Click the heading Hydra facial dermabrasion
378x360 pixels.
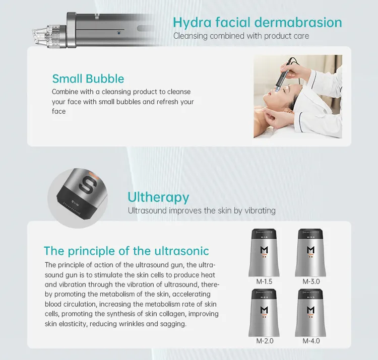[258, 22]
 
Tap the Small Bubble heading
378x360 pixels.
[88, 79]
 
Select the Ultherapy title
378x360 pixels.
[158, 198]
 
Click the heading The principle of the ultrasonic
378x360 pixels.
[127, 251]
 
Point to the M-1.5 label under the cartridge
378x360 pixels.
[264, 281]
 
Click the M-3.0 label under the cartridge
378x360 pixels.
[311, 281]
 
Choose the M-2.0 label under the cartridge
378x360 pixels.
[265, 341]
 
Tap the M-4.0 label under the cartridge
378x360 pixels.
[311, 341]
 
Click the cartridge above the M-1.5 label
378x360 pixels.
[264, 253]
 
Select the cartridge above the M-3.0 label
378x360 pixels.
[310, 253]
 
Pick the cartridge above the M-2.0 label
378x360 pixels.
[264, 313]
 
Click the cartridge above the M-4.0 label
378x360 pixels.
[310, 313]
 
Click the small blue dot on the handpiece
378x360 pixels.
[119, 33]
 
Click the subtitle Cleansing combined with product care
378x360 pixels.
[241, 36]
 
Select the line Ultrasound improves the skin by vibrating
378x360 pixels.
[202, 210]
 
